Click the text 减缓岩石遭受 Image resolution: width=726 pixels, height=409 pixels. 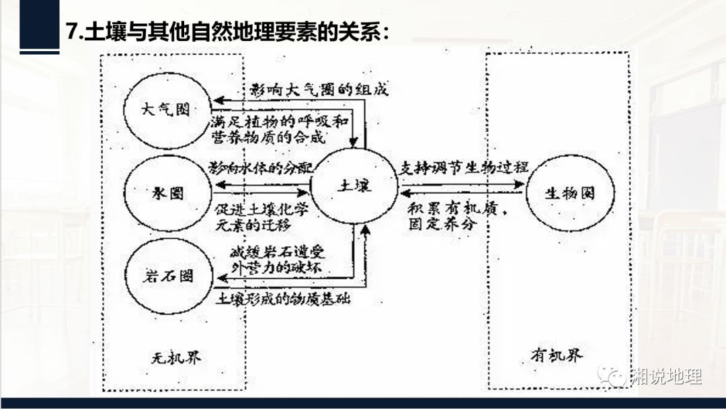coord(277,254)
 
